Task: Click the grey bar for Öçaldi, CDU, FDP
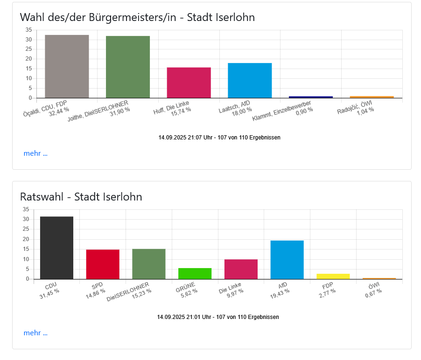[67, 66]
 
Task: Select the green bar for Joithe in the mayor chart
[128, 67]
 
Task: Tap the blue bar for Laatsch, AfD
[250, 80]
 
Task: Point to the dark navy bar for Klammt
[311, 97]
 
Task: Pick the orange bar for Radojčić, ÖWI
[372, 97]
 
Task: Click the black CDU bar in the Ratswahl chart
[56, 248]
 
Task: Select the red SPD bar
[103, 264]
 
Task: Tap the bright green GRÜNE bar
[195, 273]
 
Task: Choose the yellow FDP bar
[333, 276]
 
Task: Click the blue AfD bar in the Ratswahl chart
[287, 260]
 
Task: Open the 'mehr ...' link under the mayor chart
[35, 153]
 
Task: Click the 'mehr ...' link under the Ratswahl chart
[35, 332]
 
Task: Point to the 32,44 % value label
[59, 111]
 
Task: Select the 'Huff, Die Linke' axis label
[171, 107]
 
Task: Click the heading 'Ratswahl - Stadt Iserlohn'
[81, 197]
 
